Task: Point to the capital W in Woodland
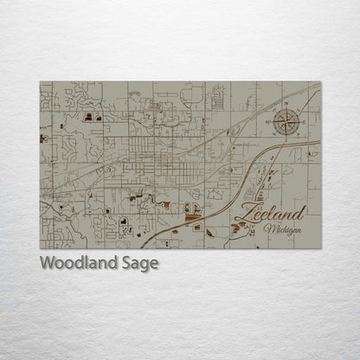pyautogui.click(x=47, y=264)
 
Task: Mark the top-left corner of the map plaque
pyautogui.click(x=40, y=82)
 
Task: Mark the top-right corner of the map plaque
pyautogui.click(x=320, y=82)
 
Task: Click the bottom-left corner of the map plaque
pyautogui.click(x=40, y=249)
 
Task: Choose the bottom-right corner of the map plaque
pyautogui.click(x=320, y=249)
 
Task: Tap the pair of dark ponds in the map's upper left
pyautogui.click(x=92, y=115)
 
